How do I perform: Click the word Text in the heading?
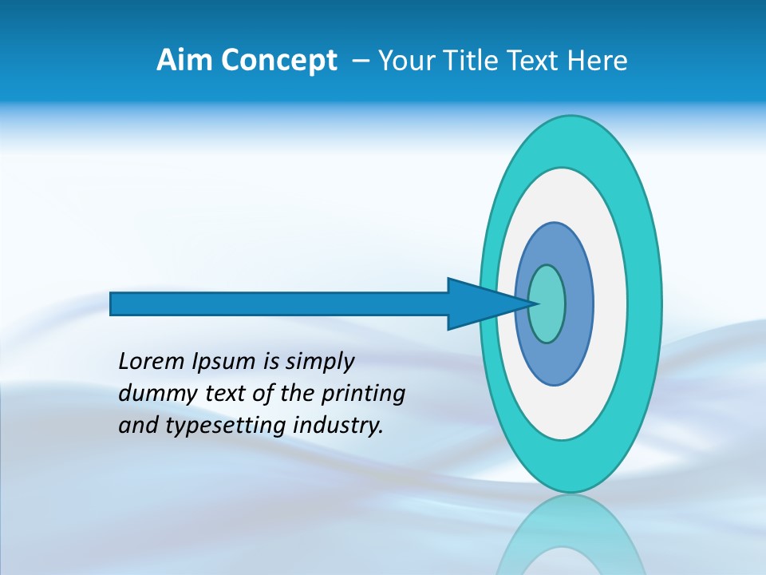pyautogui.click(x=535, y=61)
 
